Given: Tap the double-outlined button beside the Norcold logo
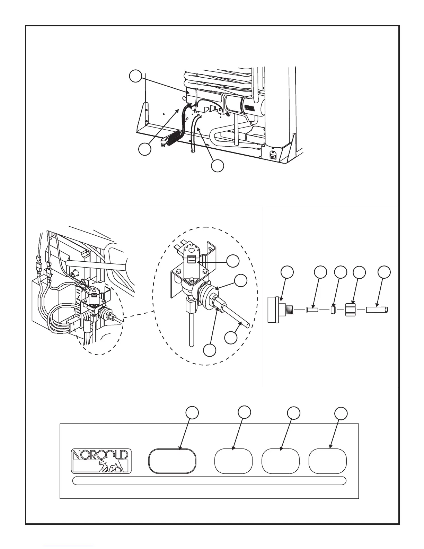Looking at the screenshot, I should pyautogui.click(x=172, y=461).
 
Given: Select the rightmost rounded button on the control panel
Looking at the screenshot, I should pyautogui.click(x=327, y=461).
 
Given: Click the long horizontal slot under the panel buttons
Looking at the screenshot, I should pyautogui.click(x=210, y=481).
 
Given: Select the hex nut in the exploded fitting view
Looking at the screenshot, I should pyautogui.click(x=352, y=310).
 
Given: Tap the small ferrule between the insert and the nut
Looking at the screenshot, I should pyautogui.click(x=333, y=310).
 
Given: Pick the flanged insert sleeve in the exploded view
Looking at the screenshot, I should pyautogui.click(x=312, y=310).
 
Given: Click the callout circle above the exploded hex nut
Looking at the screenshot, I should pyautogui.click(x=359, y=272).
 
